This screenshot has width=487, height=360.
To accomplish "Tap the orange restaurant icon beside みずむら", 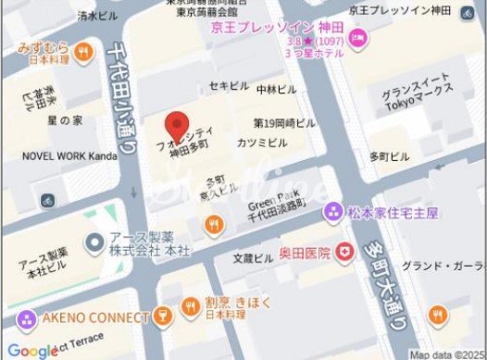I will click(83, 49).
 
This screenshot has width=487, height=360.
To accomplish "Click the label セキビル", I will click(228, 86).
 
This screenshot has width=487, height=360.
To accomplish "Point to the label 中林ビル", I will click(277, 90).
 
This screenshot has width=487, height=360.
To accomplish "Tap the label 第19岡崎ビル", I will click(284, 122).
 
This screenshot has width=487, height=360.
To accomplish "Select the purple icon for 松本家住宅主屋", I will click(331, 213).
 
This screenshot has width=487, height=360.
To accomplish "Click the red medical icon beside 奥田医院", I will click(344, 251).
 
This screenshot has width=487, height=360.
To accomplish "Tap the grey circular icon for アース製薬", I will click(94, 244).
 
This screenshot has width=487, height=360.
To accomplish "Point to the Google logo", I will click(32, 350).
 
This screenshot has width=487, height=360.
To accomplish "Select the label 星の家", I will click(65, 120).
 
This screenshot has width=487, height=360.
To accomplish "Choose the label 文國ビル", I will click(253, 258).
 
